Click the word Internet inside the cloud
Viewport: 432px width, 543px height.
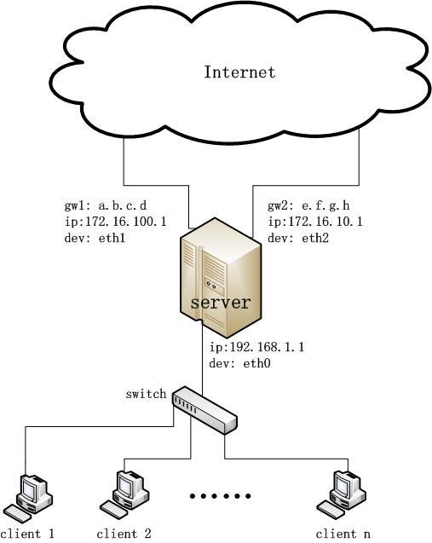point(239,72)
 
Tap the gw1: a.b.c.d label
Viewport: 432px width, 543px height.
point(106,205)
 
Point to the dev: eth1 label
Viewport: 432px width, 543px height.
point(95,238)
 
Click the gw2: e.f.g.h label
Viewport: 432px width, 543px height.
point(308,205)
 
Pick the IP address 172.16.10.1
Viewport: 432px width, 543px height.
point(325,222)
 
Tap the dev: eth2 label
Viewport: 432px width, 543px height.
point(298,238)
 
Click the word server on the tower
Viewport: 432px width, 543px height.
point(221,303)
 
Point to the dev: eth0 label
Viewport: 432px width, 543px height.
point(239,363)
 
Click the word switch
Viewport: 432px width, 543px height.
point(146,394)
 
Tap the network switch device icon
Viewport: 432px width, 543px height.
point(204,410)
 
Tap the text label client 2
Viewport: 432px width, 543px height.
point(124,534)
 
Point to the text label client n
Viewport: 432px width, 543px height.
point(343,534)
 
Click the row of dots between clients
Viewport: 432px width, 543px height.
point(220,496)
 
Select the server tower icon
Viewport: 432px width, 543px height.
point(221,278)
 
